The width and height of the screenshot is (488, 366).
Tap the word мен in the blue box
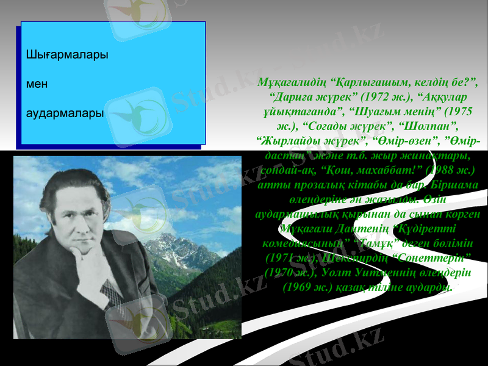point(37,84)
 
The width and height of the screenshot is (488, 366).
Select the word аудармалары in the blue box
point(65,113)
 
